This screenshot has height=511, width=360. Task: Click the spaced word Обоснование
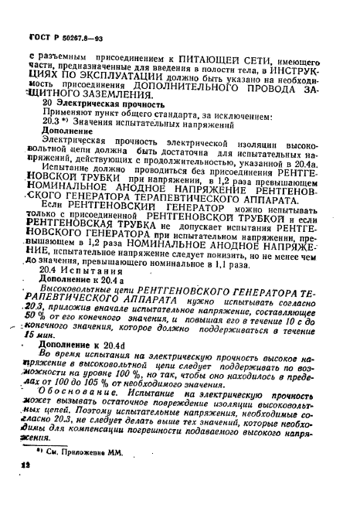pos(90,406)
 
